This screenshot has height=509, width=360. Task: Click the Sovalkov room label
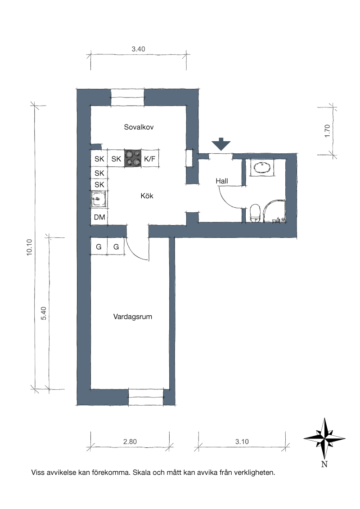point(139,127)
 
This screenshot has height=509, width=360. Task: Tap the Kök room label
point(147,196)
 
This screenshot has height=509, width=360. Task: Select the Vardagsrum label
point(133,317)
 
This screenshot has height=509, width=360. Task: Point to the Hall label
point(222,181)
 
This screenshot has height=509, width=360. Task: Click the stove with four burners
point(133,158)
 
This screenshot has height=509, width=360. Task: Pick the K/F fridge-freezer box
point(150,159)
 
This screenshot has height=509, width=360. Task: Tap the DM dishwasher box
point(99,217)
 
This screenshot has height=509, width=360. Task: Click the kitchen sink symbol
point(99,199)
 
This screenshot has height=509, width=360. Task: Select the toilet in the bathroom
point(256,213)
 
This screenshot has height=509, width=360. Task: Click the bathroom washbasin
point(262,168)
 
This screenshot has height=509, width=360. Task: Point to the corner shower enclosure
point(274,211)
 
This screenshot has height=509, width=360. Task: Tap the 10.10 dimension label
point(30,247)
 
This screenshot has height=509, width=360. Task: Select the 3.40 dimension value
point(139,49)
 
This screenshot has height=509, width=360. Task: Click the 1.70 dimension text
point(327,131)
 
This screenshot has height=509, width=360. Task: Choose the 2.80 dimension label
point(130,442)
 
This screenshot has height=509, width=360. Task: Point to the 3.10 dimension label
point(242,442)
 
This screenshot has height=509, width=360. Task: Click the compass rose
point(324,438)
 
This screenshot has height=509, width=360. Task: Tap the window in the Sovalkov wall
point(128,97)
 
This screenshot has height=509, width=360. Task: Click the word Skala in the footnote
point(142,472)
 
